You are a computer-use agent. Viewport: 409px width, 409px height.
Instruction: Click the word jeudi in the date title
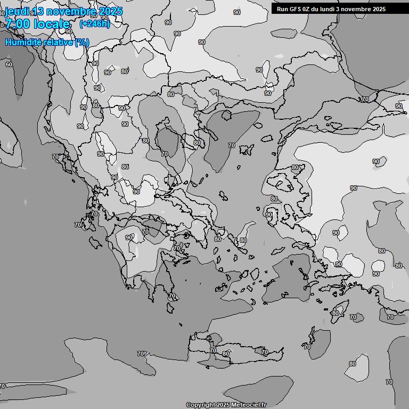18,11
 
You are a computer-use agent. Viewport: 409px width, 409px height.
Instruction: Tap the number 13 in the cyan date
38,11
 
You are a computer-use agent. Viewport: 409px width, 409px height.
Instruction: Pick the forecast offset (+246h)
95,24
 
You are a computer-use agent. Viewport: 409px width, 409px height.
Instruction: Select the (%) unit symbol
82,42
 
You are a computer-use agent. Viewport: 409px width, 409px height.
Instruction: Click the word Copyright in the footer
200,405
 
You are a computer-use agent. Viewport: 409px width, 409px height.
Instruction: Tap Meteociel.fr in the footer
249,405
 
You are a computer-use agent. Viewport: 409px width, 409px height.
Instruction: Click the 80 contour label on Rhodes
335,313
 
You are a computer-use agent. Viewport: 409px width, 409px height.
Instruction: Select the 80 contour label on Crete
226,354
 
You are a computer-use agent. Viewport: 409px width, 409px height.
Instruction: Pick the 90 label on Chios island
269,215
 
